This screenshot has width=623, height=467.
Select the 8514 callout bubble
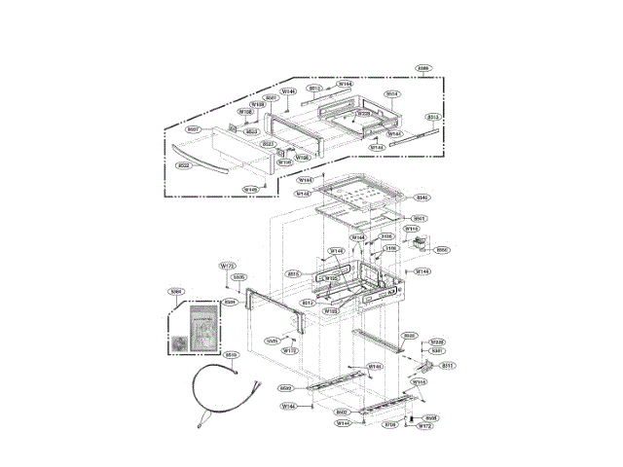point(391,94)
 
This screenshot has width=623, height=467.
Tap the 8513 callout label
point(434,117)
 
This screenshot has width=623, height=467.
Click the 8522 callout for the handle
point(183,165)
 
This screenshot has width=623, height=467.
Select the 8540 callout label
point(421,198)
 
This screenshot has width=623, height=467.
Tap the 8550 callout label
point(441,249)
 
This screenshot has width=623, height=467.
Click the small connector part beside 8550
point(421,243)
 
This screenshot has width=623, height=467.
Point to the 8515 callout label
point(292,274)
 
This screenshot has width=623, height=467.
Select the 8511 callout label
point(447,366)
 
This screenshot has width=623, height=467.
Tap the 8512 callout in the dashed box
point(314,89)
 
